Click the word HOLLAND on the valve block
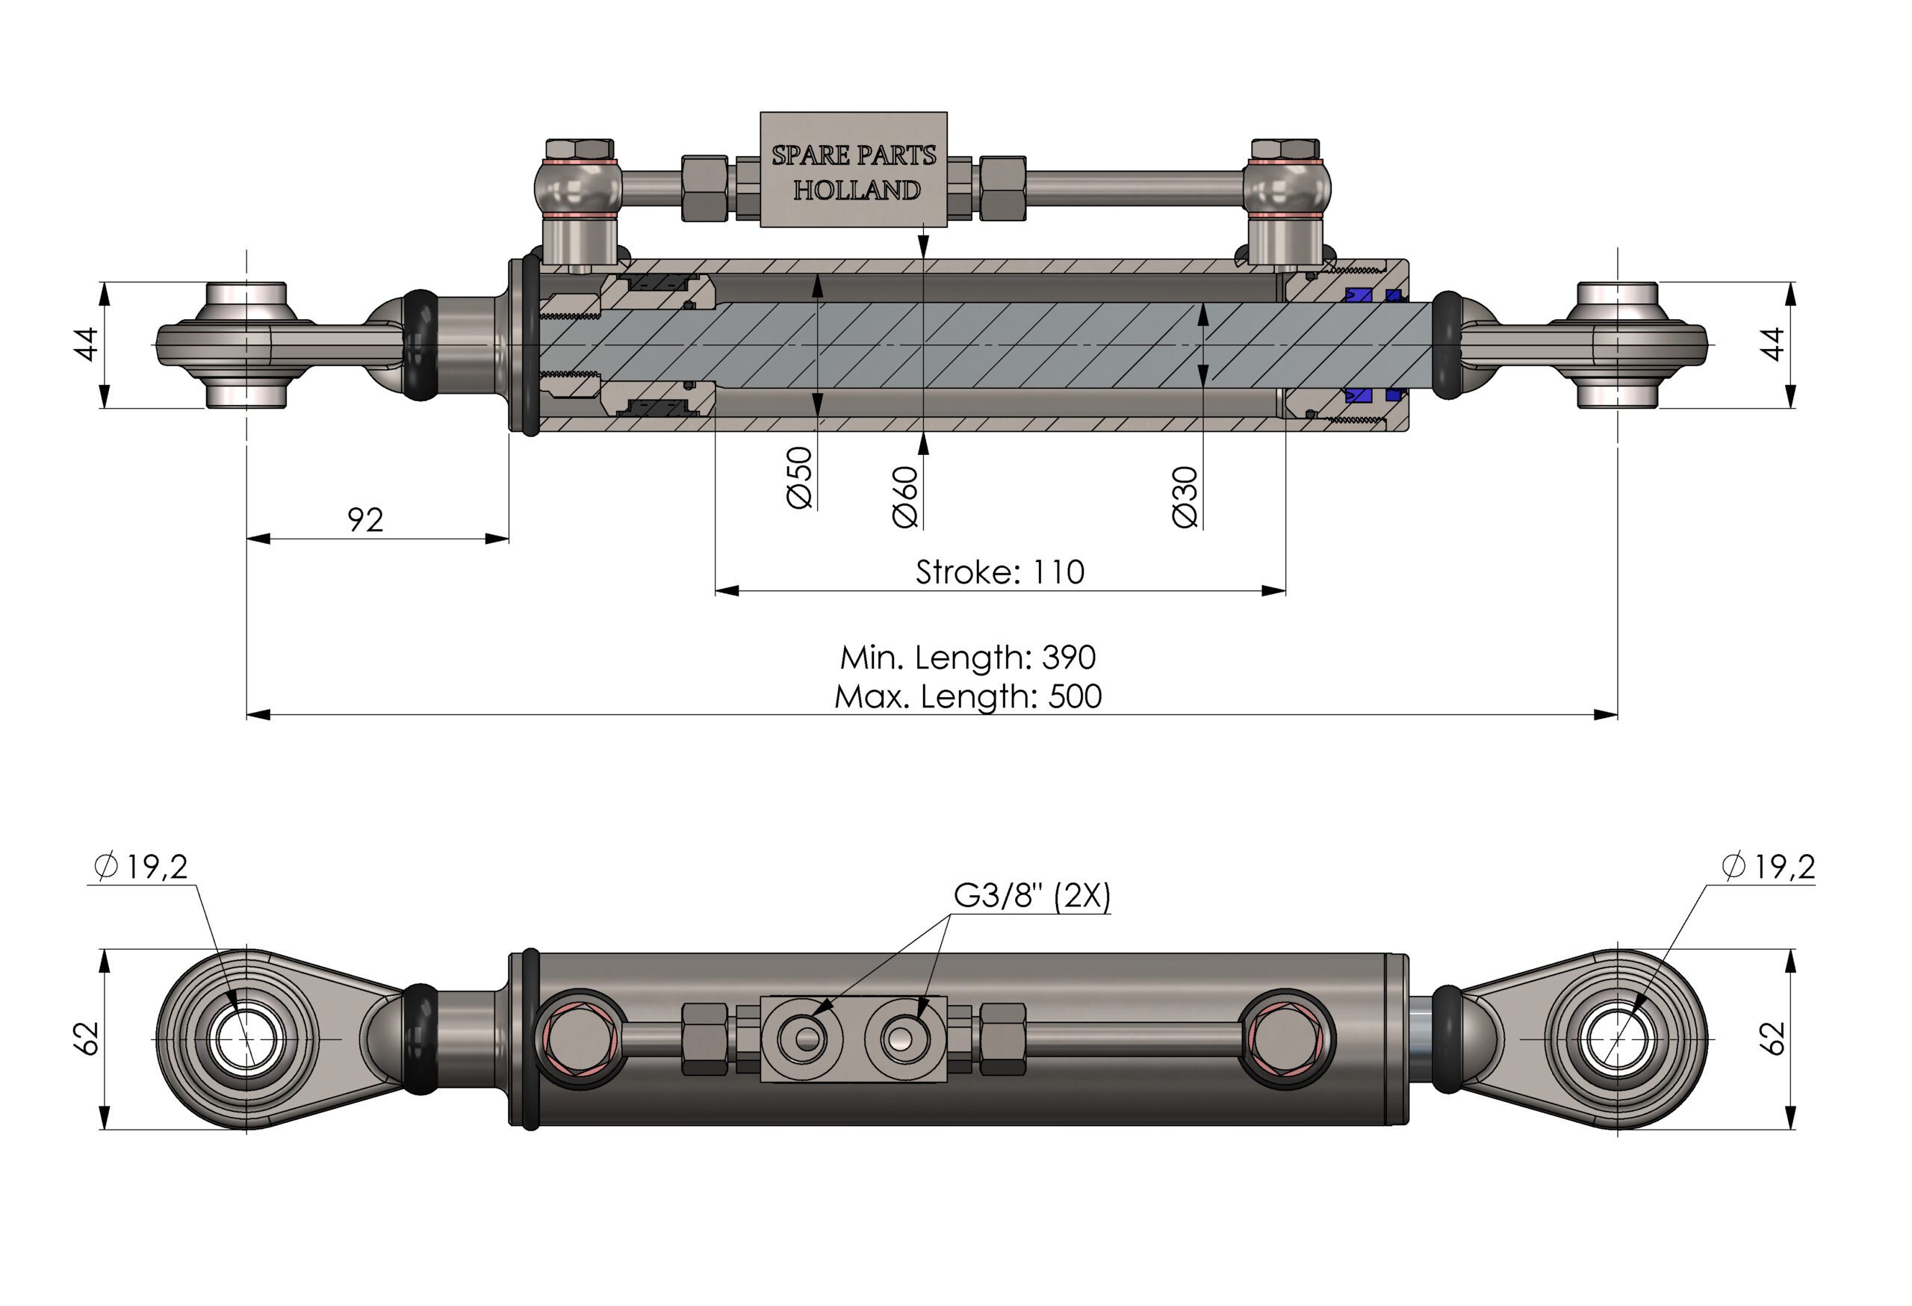(x=857, y=190)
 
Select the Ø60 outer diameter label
(x=905, y=496)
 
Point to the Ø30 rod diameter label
(x=1185, y=496)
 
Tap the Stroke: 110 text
(x=999, y=572)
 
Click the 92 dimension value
(x=365, y=520)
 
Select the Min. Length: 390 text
(x=967, y=657)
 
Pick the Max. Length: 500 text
(x=967, y=697)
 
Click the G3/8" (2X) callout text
(x=1031, y=895)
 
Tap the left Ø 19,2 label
(x=140, y=867)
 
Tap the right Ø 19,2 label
(x=1768, y=867)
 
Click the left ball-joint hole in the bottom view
(x=245, y=1039)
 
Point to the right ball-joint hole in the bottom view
(x=1618, y=1039)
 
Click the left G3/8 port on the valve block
(x=807, y=1039)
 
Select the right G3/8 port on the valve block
(x=904, y=1039)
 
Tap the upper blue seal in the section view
(x=1359, y=294)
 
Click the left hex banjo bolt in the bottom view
(x=581, y=1039)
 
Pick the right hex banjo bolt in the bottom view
(x=1286, y=1039)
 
